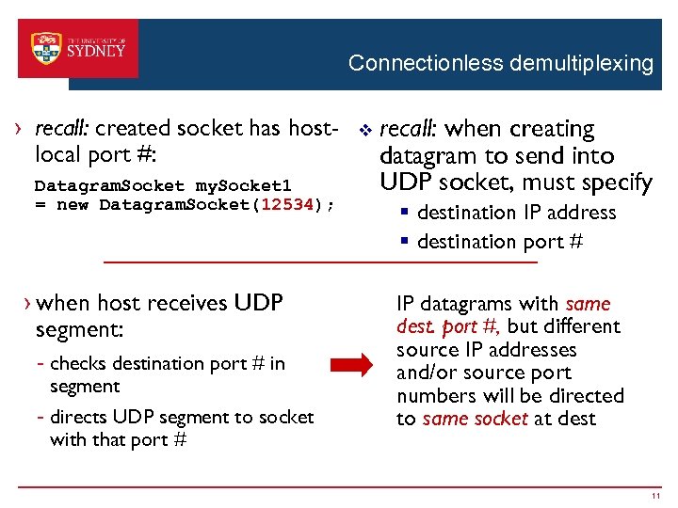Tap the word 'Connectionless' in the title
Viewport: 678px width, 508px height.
pyautogui.click(x=426, y=64)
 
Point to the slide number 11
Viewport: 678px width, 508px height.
pyautogui.click(x=654, y=495)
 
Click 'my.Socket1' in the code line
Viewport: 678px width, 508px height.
pyautogui.click(x=235, y=185)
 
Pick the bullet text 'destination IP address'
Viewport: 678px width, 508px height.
pyautogui.click(x=516, y=213)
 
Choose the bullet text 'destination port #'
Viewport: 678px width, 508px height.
pyautogui.click(x=500, y=242)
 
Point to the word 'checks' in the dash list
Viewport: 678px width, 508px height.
pyautogui.click(x=79, y=363)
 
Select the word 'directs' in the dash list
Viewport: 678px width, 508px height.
pyautogui.click(x=81, y=417)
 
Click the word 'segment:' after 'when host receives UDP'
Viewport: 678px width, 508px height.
pyautogui.click(x=79, y=330)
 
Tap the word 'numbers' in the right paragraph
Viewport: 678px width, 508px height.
pyautogui.click(x=434, y=395)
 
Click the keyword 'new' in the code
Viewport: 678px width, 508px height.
pyautogui.click(x=73, y=205)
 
